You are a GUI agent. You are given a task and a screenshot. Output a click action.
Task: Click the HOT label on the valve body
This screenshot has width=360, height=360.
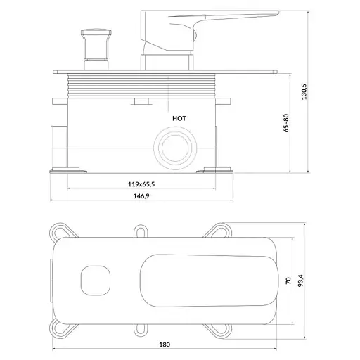click(x=179, y=119)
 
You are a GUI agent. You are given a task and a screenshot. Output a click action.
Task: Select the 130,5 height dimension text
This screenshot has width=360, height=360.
click(x=304, y=91)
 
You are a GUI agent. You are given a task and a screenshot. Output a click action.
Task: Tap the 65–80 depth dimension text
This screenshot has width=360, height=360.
click(x=286, y=123)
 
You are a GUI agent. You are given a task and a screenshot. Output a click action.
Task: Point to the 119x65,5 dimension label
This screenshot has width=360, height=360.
click(x=141, y=184)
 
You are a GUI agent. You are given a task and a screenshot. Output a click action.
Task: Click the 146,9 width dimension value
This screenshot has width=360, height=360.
click(x=141, y=196)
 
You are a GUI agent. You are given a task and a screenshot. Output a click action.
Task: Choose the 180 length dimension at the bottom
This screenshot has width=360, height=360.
click(x=165, y=345)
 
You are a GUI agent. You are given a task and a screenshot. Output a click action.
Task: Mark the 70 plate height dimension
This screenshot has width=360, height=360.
click(x=288, y=281)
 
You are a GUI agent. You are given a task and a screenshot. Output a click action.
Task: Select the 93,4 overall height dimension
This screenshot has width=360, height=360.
click(x=301, y=281)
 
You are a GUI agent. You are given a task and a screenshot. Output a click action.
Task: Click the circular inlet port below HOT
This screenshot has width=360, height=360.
click(x=175, y=148)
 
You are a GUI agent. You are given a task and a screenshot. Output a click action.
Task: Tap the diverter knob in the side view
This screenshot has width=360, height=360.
click(x=96, y=49)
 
